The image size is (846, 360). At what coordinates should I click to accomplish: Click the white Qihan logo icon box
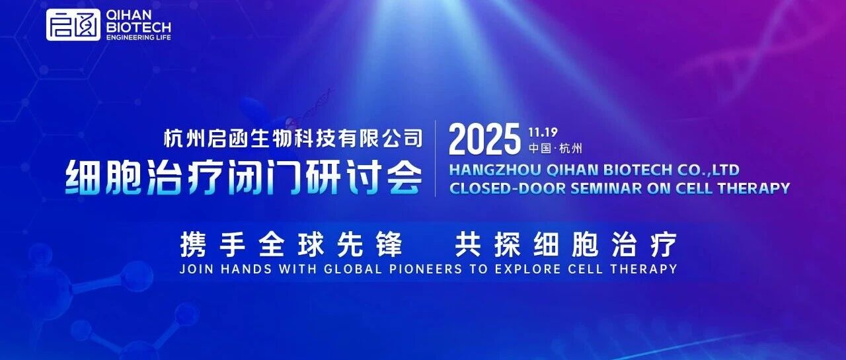pyautogui.click(x=73, y=25)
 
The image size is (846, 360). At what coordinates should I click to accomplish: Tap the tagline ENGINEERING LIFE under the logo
pyautogui.click(x=139, y=38)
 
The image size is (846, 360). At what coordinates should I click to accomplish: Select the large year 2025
pyautogui.click(x=484, y=139)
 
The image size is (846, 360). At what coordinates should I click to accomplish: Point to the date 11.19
pyautogui.click(x=543, y=133)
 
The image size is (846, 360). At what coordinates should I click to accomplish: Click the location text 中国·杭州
pyautogui.click(x=555, y=149)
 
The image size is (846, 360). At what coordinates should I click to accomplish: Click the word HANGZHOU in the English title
pyautogui.click(x=495, y=170)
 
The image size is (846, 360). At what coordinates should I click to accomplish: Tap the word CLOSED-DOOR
pyautogui.click(x=507, y=188)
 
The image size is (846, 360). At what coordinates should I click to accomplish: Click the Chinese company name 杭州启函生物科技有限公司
pyautogui.click(x=293, y=138)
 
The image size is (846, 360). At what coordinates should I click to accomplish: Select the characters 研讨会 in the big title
pyautogui.click(x=364, y=178)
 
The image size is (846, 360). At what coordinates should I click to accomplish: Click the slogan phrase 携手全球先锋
pyautogui.click(x=291, y=244)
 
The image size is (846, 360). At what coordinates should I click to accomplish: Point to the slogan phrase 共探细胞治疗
pyautogui.click(x=566, y=244)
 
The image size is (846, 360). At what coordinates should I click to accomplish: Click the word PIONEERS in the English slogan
pyautogui.click(x=426, y=269)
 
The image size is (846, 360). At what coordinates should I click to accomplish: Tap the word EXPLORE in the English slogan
pyautogui.click(x=527, y=269)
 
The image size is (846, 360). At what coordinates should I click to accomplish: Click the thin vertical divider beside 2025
pyautogui.click(x=436, y=159)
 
